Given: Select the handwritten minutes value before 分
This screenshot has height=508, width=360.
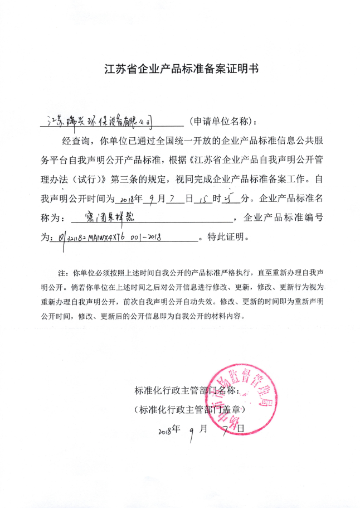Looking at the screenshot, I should click(231, 198).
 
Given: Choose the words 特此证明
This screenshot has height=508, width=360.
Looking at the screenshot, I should click(226, 237).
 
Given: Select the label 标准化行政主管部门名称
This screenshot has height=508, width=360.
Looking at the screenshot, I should click(187, 390).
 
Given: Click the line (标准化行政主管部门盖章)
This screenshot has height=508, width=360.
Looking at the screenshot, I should click(189, 409).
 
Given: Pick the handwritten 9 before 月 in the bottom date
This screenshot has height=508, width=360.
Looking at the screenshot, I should click(191, 433).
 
